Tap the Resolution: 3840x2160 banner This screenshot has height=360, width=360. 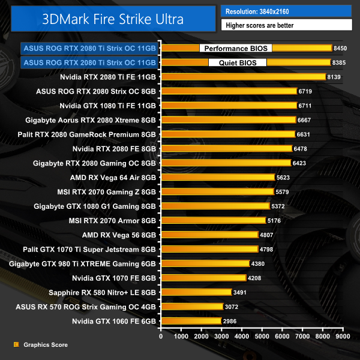286,11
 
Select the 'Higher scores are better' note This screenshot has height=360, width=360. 286,25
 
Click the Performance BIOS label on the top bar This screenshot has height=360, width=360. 235,48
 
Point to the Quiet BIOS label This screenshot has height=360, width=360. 237,62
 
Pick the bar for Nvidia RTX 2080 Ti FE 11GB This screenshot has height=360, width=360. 243,77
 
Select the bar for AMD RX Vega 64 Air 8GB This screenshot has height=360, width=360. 218,178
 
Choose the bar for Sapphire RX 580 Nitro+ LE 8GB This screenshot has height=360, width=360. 196,293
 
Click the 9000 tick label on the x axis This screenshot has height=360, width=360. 343,337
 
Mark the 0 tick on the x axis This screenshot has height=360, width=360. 161,337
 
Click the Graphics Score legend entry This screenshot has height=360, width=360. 45,345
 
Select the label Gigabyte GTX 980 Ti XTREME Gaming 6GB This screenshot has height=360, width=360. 83,264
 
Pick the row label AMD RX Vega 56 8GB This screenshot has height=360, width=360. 119,235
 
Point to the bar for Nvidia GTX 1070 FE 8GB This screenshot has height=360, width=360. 203,278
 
